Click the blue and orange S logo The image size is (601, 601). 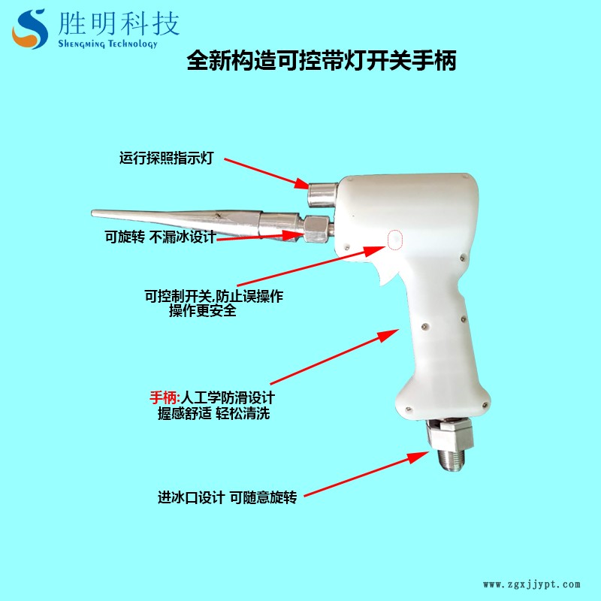point(30,29)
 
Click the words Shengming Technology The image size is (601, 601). point(107,44)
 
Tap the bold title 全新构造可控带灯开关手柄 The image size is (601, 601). point(322,61)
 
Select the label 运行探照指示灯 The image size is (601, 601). point(166,158)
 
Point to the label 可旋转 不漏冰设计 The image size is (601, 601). point(161,237)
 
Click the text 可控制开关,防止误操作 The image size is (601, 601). point(214,296)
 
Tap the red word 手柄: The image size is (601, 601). point(165,397)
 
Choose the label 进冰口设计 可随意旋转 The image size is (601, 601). point(228,497)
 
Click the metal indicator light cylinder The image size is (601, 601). point(323,195)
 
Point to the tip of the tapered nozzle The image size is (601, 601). point(92,213)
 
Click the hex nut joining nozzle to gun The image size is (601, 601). point(316,229)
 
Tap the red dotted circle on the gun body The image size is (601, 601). point(395,240)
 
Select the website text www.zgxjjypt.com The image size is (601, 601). point(532,584)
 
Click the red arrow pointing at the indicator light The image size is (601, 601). point(267,174)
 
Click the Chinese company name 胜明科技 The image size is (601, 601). point(119,23)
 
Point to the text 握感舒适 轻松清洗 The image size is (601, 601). point(213,413)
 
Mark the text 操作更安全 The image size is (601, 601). point(203,310)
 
